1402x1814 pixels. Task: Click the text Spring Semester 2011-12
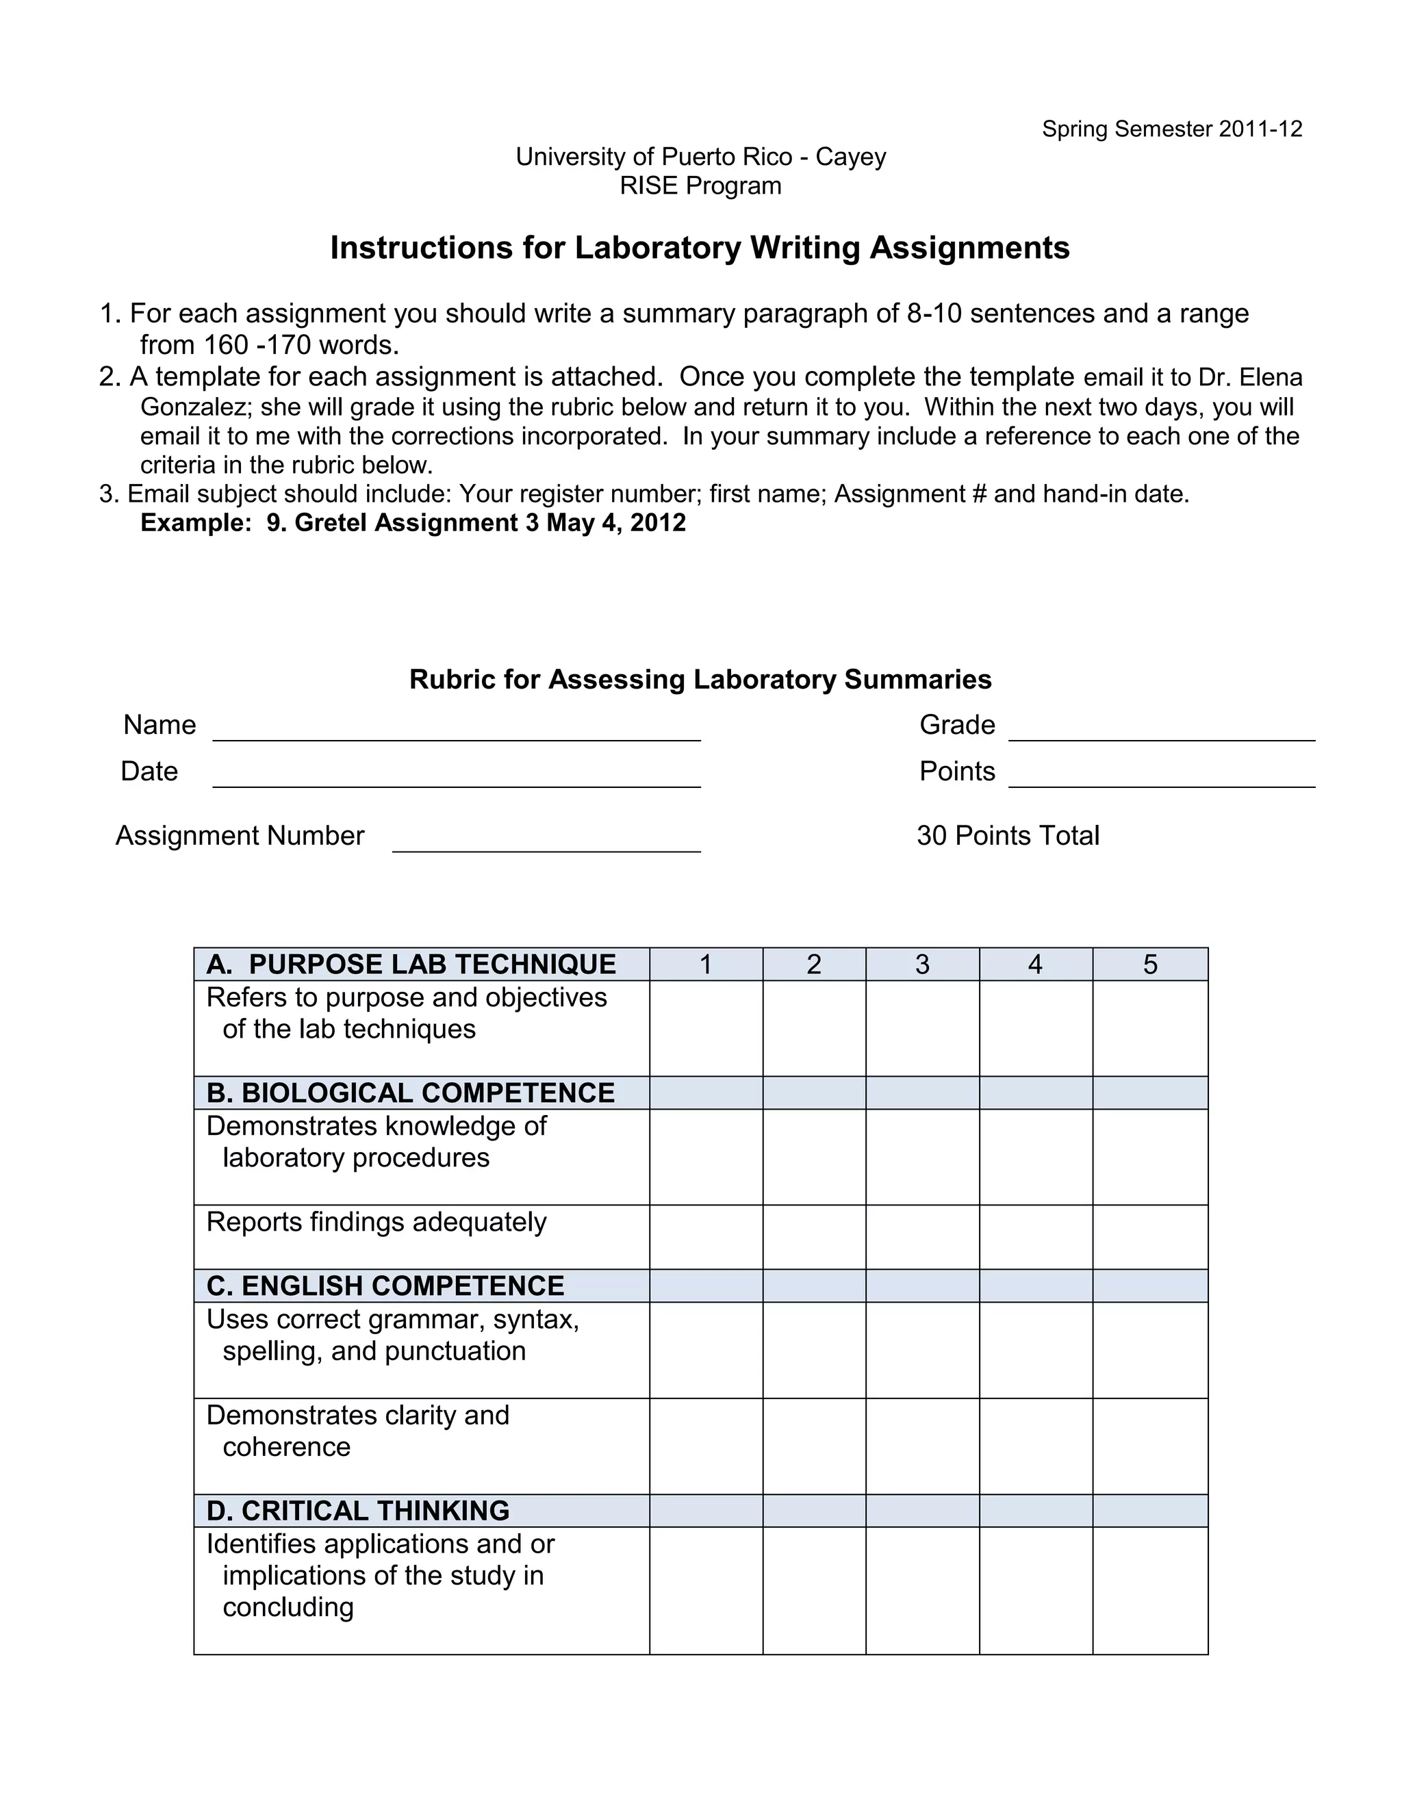click(x=1172, y=129)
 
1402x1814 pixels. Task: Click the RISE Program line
click(x=700, y=186)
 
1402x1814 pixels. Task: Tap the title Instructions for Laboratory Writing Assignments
click(x=700, y=248)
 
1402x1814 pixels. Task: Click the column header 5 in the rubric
click(x=1149, y=965)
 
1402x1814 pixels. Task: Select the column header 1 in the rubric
click(x=705, y=965)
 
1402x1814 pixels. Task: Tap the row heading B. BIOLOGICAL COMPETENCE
click(x=410, y=1093)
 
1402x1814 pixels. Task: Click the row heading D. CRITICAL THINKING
click(x=358, y=1510)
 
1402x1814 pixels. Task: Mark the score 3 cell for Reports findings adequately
click(x=922, y=1237)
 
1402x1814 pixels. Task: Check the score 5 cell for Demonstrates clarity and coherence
click(x=1149, y=1446)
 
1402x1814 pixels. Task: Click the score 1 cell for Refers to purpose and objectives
click(x=705, y=1028)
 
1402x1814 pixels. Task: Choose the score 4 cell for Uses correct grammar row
click(x=1035, y=1350)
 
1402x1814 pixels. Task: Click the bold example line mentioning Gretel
click(x=413, y=522)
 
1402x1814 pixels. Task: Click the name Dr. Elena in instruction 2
click(x=1249, y=377)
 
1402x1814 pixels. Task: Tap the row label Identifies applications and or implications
click(x=381, y=1575)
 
